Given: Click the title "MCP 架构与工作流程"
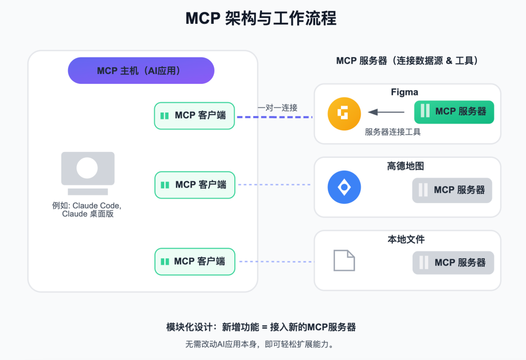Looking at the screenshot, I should [x=261, y=19].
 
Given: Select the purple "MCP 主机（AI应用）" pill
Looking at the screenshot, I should [x=141, y=71].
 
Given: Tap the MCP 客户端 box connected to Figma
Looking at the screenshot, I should [x=194, y=115].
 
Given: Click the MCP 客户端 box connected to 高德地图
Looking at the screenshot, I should [x=195, y=185].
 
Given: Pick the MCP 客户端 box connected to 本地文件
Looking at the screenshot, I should [x=195, y=262].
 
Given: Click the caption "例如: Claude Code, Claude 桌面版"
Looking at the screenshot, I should [x=87, y=209].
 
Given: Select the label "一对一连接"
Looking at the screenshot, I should [x=277, y=108].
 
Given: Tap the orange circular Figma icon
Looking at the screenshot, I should [x=344, y=114].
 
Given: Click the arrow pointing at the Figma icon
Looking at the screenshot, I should [x=386, y=112].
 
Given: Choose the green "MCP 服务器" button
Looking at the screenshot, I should [x=454, y=112].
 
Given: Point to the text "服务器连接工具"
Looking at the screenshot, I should [x=393, y=132].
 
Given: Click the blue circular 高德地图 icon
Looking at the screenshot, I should [x=344, y=187].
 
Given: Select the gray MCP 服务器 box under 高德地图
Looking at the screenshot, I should [x=452, y=190].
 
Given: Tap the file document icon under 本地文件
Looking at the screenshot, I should [x=344, y=260].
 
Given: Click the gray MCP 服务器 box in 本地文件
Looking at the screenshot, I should [x=453, y=263].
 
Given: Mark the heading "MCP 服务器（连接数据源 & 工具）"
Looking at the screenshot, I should [x=408, y=61].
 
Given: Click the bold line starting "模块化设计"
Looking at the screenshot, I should [x=261, y=327].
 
